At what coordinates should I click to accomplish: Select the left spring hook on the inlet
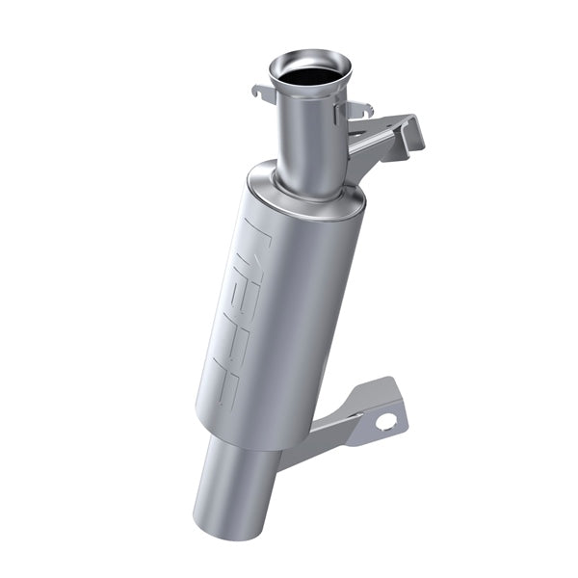point(263,93)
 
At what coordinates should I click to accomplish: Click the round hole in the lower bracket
point(385,421)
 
